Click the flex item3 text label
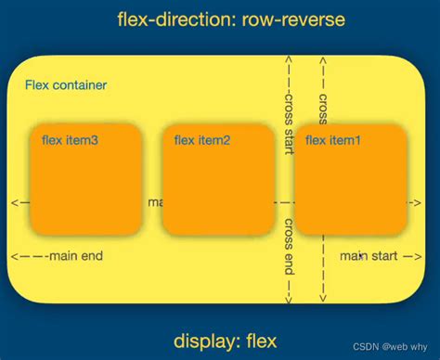[71, 140]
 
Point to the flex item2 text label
[202, 140]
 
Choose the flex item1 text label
[334, 140]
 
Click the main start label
[368, 255]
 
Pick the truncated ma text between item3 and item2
[154, 201]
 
